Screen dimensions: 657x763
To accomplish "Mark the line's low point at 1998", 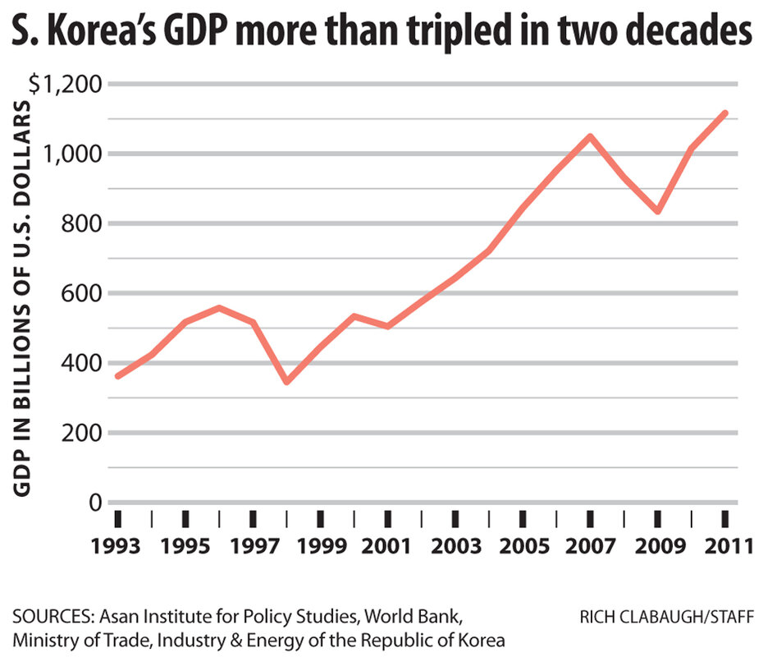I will (x=286, y=382).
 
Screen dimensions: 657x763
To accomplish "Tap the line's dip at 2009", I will (x=657, y=211).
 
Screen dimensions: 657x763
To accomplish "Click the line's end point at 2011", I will (x=724, y=113).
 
